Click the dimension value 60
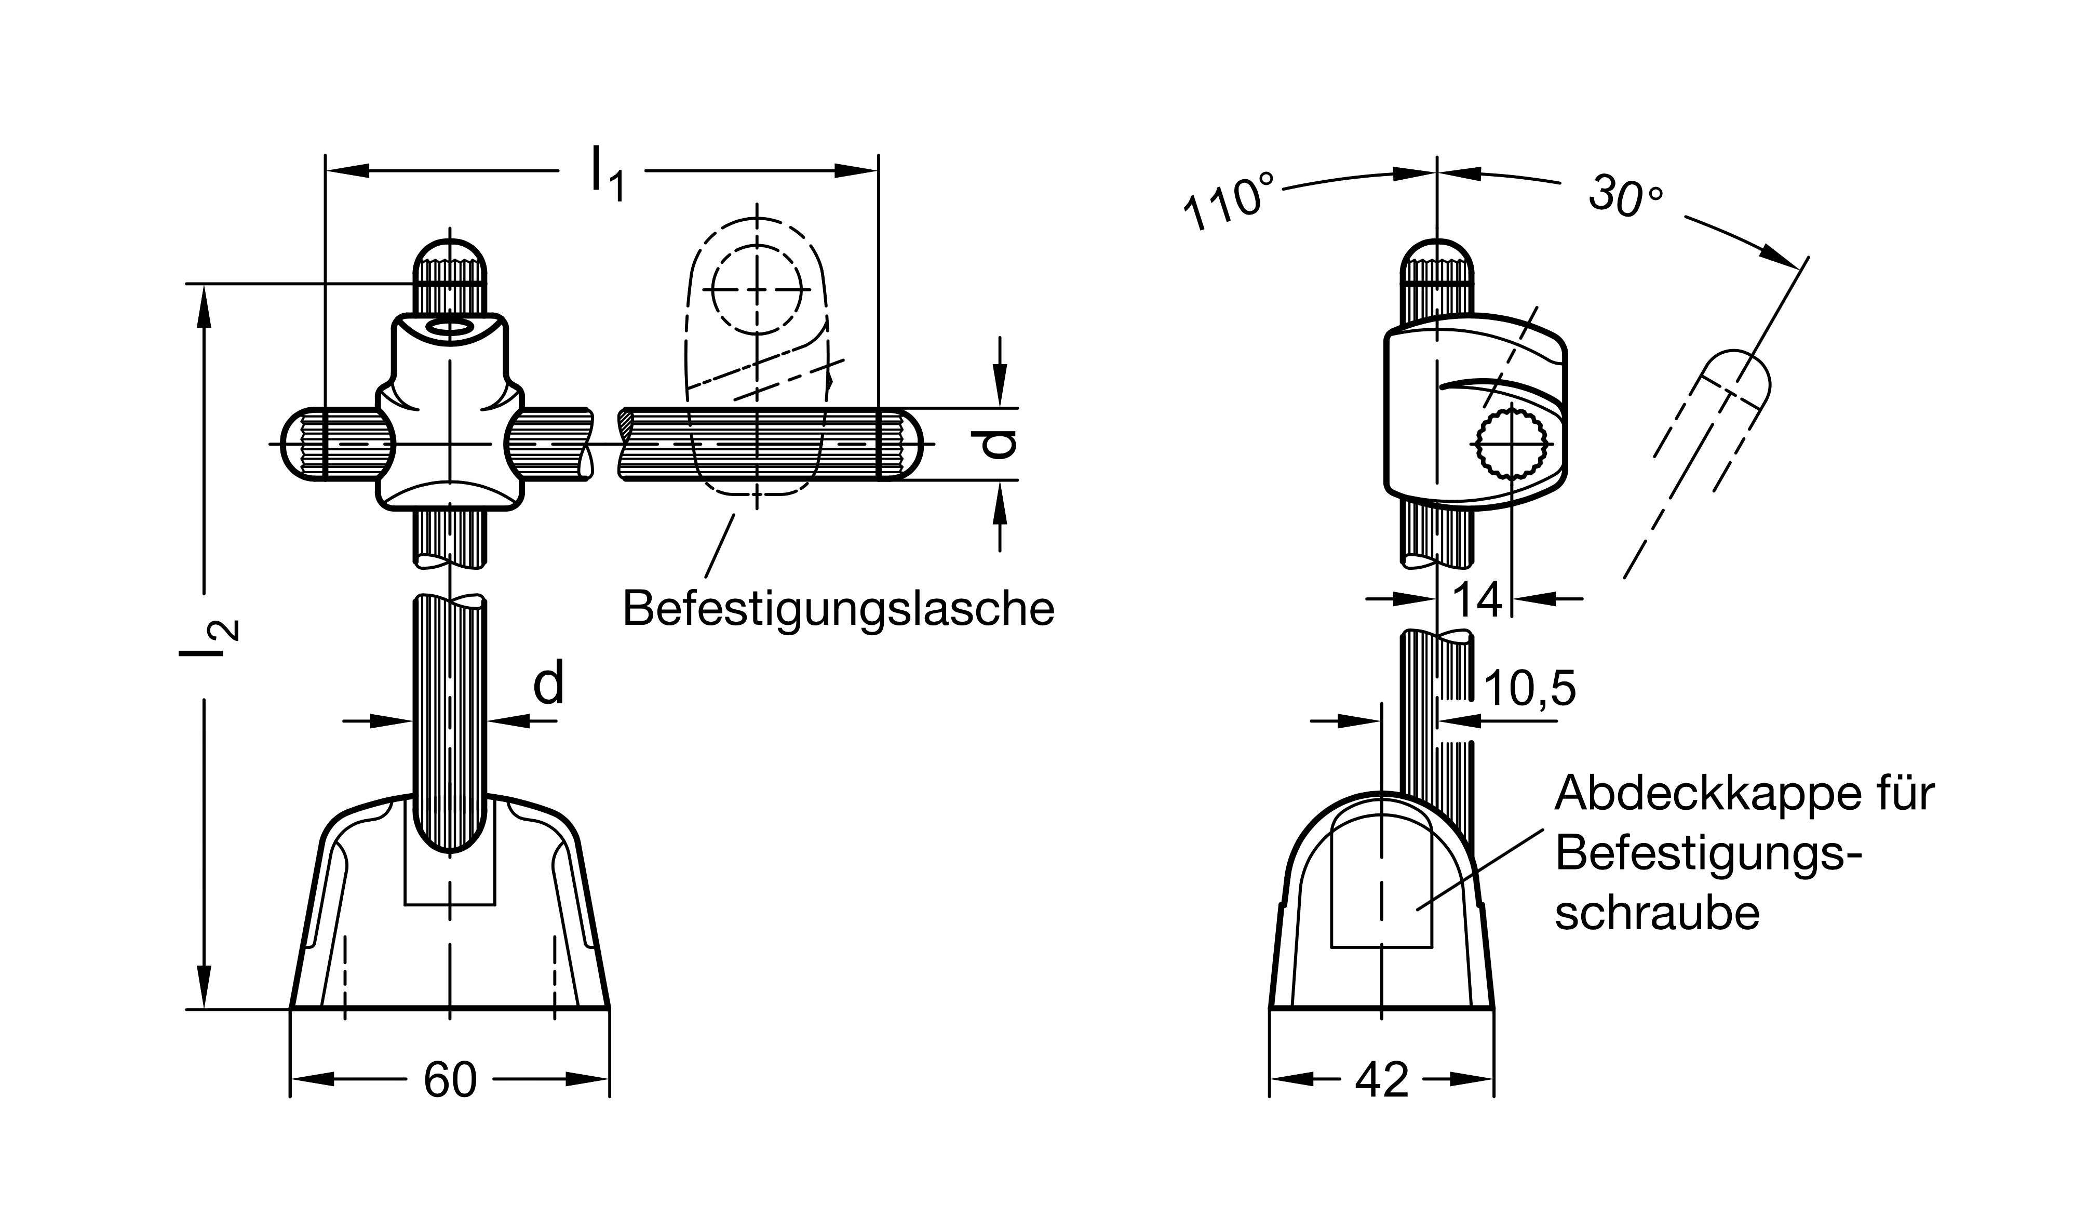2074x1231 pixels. [450, 1079]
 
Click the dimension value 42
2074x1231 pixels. [1382, 1079]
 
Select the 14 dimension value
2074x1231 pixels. [1478, 600]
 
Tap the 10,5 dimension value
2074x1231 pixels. [1529, 689]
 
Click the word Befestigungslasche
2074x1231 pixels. [839, 609]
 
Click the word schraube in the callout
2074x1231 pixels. [1657, 913]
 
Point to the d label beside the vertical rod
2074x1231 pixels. [548, 683]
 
